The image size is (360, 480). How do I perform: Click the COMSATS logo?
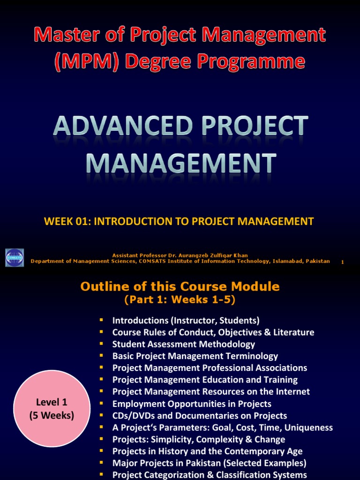[x=14, y=257]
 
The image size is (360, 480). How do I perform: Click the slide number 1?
[x=343, y=262]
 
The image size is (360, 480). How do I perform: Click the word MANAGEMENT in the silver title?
[x=180, y=164]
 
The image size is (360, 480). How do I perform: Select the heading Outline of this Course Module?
[x=180, y=286]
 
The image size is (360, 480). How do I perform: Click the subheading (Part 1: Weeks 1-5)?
[x=180, y=300]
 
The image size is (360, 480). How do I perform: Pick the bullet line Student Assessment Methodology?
[x=184, y=344]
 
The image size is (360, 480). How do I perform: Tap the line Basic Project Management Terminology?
[x=195, y=356]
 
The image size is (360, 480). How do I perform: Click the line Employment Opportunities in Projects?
[x=192, y=404]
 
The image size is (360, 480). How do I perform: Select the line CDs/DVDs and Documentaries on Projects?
[x=200, y=416]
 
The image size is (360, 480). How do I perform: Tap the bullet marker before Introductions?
[x=101, y=320]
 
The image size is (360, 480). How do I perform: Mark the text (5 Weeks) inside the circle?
[x=52, y=415]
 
